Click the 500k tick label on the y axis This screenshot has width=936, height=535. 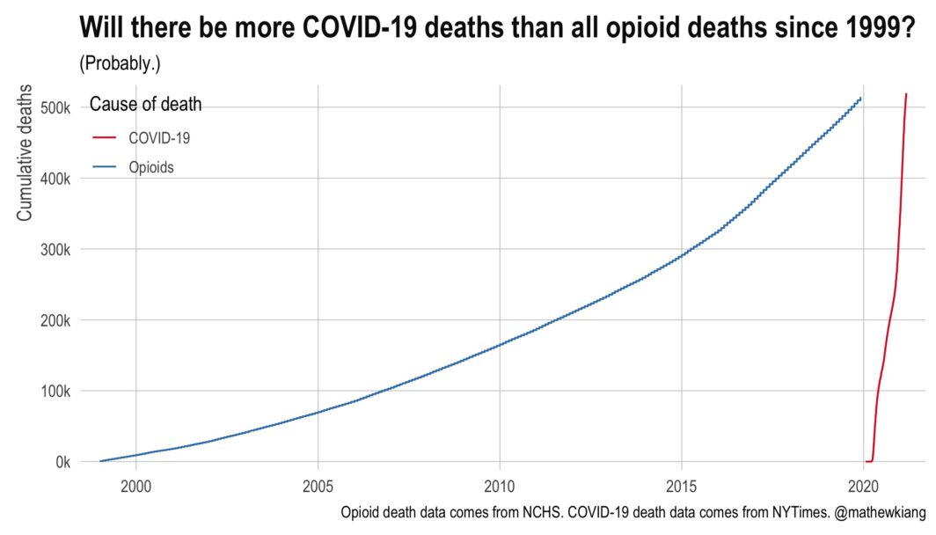(x=56, y=108)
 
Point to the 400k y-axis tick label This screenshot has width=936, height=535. (x=56, y=179)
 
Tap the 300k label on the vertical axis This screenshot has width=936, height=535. (x=56, y=249)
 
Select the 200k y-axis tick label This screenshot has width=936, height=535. (x=56, y=320)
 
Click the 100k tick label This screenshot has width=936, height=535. (x=56, y=391)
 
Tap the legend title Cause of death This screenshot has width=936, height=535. (x=146, y=105)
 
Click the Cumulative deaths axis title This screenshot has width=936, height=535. (x=26, y=151)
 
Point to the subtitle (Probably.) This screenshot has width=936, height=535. (x=120, y=63)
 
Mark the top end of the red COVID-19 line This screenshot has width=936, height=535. (x=906, y=93)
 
